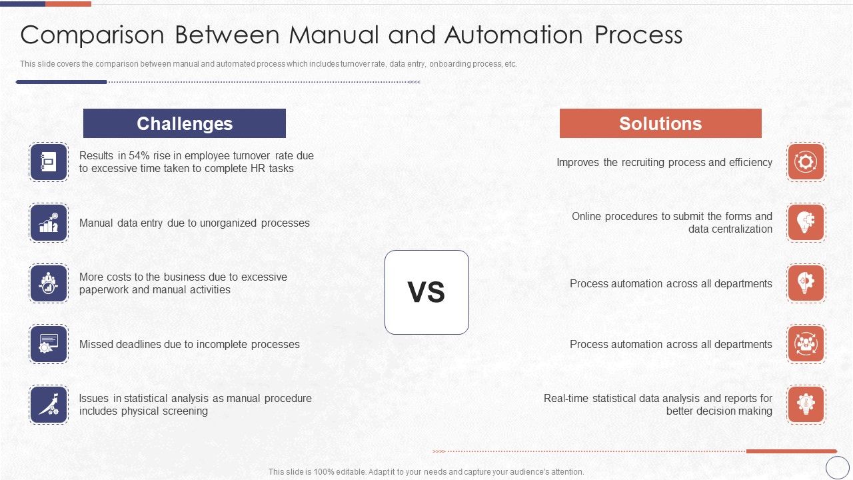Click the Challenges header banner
(185, 123)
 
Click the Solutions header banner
(660, 123)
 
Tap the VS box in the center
(426, 292)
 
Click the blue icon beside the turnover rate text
(49, 162)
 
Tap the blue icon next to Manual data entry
(49, 223)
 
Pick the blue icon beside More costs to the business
(49, 283)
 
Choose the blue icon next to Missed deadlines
(49, 344)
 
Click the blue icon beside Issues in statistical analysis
(49, 405)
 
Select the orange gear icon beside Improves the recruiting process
(806, 162)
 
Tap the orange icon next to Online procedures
(806, 223)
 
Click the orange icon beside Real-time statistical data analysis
(806, 405)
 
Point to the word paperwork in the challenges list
(104, 290)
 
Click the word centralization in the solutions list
(740, 229)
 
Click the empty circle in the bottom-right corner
(838, 467)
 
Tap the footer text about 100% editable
(426, 472)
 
